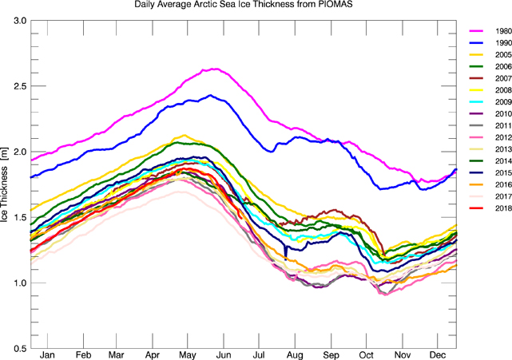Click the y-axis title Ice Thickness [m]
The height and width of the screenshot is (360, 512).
[x=6, y=184]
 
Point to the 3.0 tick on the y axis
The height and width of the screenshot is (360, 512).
[x=18, y=20]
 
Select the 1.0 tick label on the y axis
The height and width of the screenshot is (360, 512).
[x=18, y=283]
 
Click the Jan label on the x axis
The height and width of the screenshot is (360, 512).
[x=48, y=355]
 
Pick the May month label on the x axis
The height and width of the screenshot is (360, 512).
[x=188, y=355]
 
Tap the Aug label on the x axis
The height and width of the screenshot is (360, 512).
[x=295, y=355]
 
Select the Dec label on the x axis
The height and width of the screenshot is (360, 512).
[x=436, y=355]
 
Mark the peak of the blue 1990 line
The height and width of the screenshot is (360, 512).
[x=209, y=95]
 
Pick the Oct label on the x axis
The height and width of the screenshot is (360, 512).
[x=367, y=355]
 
